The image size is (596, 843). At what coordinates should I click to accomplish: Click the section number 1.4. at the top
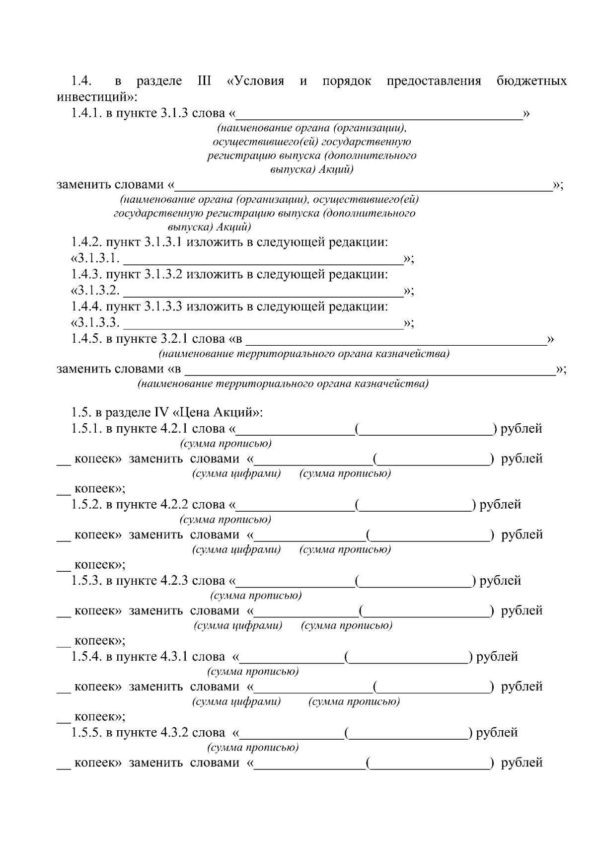pyautogui.click(x=81, y=81)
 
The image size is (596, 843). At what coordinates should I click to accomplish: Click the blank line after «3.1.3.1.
pyautogui.click(x=263, y=259)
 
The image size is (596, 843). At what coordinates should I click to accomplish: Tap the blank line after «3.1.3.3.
pyautogui.click(x=263, y=323)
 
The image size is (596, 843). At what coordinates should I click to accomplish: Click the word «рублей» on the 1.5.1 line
pyautogui.click(x=521, y=428)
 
